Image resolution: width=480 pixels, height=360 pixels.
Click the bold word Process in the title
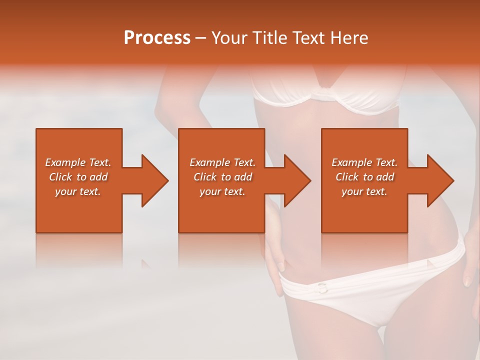[x=157, y=38]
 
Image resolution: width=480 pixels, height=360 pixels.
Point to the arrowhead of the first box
[x=155, y=180]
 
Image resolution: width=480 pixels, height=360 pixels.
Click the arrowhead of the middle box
[x=297, y=180]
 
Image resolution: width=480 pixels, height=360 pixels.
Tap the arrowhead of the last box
[x=440, y=180]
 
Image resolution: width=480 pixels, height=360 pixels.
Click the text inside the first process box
[x=78, y=177]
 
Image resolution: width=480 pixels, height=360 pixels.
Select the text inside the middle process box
[x=222, y=177]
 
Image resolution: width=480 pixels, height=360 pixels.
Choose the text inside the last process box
[x=364, y=177]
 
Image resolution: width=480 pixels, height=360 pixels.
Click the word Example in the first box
[x=65, y=162]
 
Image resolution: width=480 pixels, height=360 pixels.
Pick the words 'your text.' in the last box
[x=364, y=191]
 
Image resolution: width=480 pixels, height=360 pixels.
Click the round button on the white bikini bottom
[x=321, y=287]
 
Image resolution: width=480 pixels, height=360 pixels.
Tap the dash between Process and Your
[x=201, y=38]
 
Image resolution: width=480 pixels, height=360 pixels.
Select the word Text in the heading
[x=308, y=38]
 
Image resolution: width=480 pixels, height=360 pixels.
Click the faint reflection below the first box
[x=78, y=250]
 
